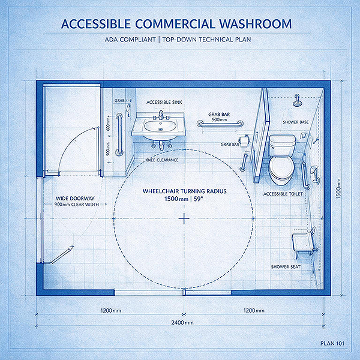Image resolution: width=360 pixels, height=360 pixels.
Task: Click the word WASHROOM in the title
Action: [x=255, y=24]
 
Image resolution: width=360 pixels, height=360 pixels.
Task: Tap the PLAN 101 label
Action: [x=332, y=343]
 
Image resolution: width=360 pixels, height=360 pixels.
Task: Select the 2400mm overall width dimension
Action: [x=182, y=323]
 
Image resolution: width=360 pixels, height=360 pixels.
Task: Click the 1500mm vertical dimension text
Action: [x=338, y=189]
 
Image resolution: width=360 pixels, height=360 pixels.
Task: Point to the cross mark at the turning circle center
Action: [x=184, y=218]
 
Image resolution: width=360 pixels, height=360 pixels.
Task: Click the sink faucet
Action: [x=161, y=115]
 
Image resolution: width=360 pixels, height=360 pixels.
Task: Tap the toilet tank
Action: [x=282, y=142]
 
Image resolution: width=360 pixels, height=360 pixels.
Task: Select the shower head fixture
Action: [x=298, y=101]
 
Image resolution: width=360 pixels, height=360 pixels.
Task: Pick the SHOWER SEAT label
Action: [x=286, y=267]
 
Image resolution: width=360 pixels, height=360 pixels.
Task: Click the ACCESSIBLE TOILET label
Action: [x=283, y=194]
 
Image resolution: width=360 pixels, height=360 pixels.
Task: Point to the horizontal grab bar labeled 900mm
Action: [x=220, y=124]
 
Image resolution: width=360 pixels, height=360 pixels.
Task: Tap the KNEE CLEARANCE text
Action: [x=162, y=160]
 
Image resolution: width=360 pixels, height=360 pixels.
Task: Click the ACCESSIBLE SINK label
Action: [x=164, y=103]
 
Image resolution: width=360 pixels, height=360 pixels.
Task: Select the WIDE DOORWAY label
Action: [x=75, y=199]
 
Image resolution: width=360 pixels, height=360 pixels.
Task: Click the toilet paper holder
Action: [x=244, y=140]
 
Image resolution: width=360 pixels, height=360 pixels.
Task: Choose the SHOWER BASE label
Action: [x=296, y=122]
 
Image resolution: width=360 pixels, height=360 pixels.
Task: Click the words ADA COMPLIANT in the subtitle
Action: [x=130, y=40]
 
